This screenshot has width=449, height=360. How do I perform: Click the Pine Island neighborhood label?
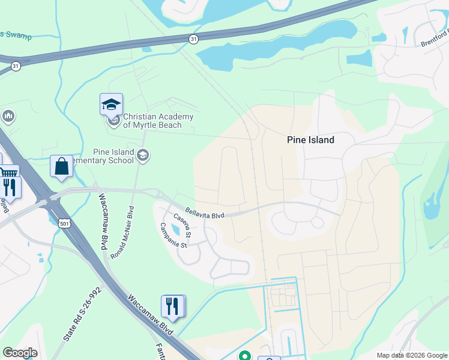(x=310, y=140)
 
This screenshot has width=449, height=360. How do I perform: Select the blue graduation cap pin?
(x=111, y=105)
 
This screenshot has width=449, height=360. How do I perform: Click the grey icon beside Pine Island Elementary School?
(x=143, y=157)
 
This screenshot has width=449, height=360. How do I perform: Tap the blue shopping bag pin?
(x=62, y=167)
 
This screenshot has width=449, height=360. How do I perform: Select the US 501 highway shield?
(x=64, y=223)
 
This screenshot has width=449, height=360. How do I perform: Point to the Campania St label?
(x=174, y=235)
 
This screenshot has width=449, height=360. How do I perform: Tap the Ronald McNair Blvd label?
(x=122, y=233)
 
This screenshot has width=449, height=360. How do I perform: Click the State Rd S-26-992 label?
(x=82, y=314)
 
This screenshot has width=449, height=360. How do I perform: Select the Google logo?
(x=20, y=353)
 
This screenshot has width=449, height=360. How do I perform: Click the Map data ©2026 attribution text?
(x=412, y=355)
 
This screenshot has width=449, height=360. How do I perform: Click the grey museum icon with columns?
(x=8, y=115)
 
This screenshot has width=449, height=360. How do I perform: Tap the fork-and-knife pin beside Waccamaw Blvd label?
(x=173, y=306)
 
